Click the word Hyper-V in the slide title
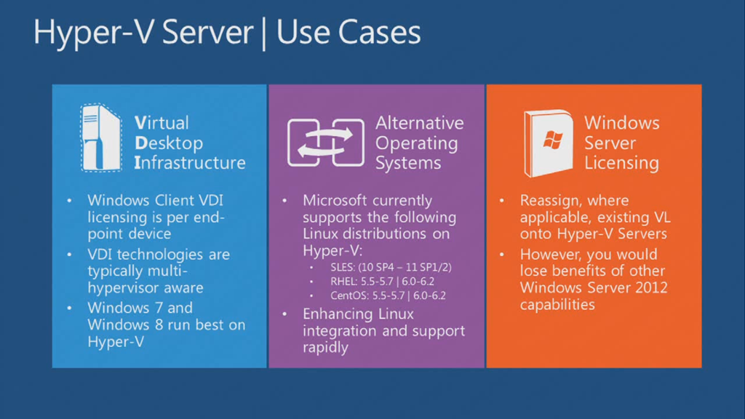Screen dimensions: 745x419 tap(95, 33)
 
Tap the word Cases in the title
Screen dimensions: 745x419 tap(379, 33)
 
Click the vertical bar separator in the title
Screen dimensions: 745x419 tap(263, 33)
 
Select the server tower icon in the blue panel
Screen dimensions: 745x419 tap(100, 137)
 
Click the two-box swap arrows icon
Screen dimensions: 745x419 tap(326, 143)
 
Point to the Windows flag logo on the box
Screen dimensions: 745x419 tap(553, 140)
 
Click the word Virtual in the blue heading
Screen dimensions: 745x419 tap(162, 122)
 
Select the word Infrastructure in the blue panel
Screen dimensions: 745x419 tap(190, 162)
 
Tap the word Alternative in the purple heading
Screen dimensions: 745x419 tap(420, 122)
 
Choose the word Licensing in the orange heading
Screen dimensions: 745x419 tap(621, 163)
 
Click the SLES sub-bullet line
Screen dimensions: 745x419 tap(391, 267)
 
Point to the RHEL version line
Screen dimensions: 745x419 tap(383, 282)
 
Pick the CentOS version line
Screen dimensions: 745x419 tap(389, 295)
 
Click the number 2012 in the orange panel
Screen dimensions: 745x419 tap(652, 287)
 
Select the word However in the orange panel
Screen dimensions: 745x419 tap(553, 255)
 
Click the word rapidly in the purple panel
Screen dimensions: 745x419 tap(326, 348)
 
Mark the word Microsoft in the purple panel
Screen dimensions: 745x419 tap(335, 200)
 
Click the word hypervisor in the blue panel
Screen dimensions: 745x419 tap(123, 288)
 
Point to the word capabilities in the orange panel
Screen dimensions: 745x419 tap(557, 305)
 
